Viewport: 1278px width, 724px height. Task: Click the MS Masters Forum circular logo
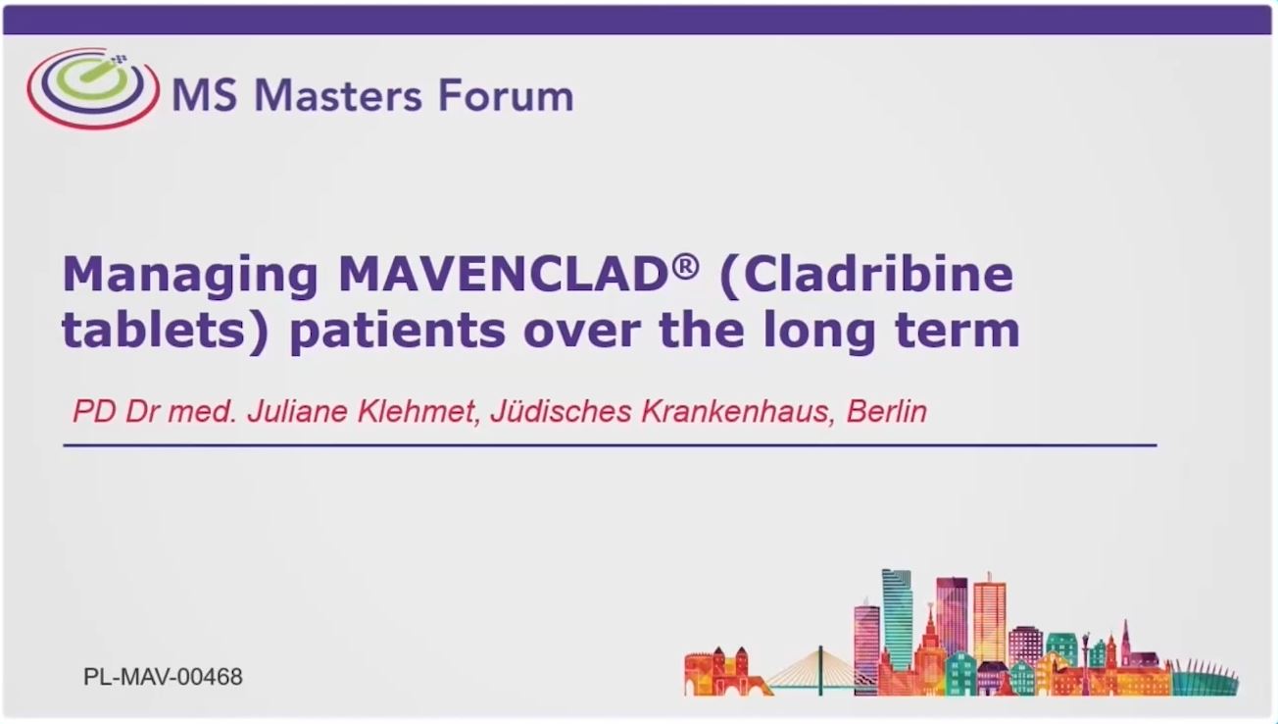(93, 88)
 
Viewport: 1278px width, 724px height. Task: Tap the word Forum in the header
(506, 95)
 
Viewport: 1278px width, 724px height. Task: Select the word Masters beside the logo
(338, 95)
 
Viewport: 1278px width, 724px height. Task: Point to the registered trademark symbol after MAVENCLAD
(685, 266)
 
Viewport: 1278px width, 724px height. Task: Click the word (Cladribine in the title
(866, 276)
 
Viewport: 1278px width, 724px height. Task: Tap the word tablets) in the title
(165, 332)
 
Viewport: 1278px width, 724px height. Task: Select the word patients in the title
(398, 333)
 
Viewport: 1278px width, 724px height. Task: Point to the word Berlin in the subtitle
(887, 411)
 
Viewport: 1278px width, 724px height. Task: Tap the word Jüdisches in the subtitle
(561, 411)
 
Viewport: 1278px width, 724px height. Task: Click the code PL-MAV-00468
(163, 677)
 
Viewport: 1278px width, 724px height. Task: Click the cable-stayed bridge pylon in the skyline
(821, 670)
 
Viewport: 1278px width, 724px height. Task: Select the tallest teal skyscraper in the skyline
(897, 619)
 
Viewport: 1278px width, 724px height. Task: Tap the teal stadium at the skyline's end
(1204, 679)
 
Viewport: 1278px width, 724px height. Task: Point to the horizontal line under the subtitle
(610, 444)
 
